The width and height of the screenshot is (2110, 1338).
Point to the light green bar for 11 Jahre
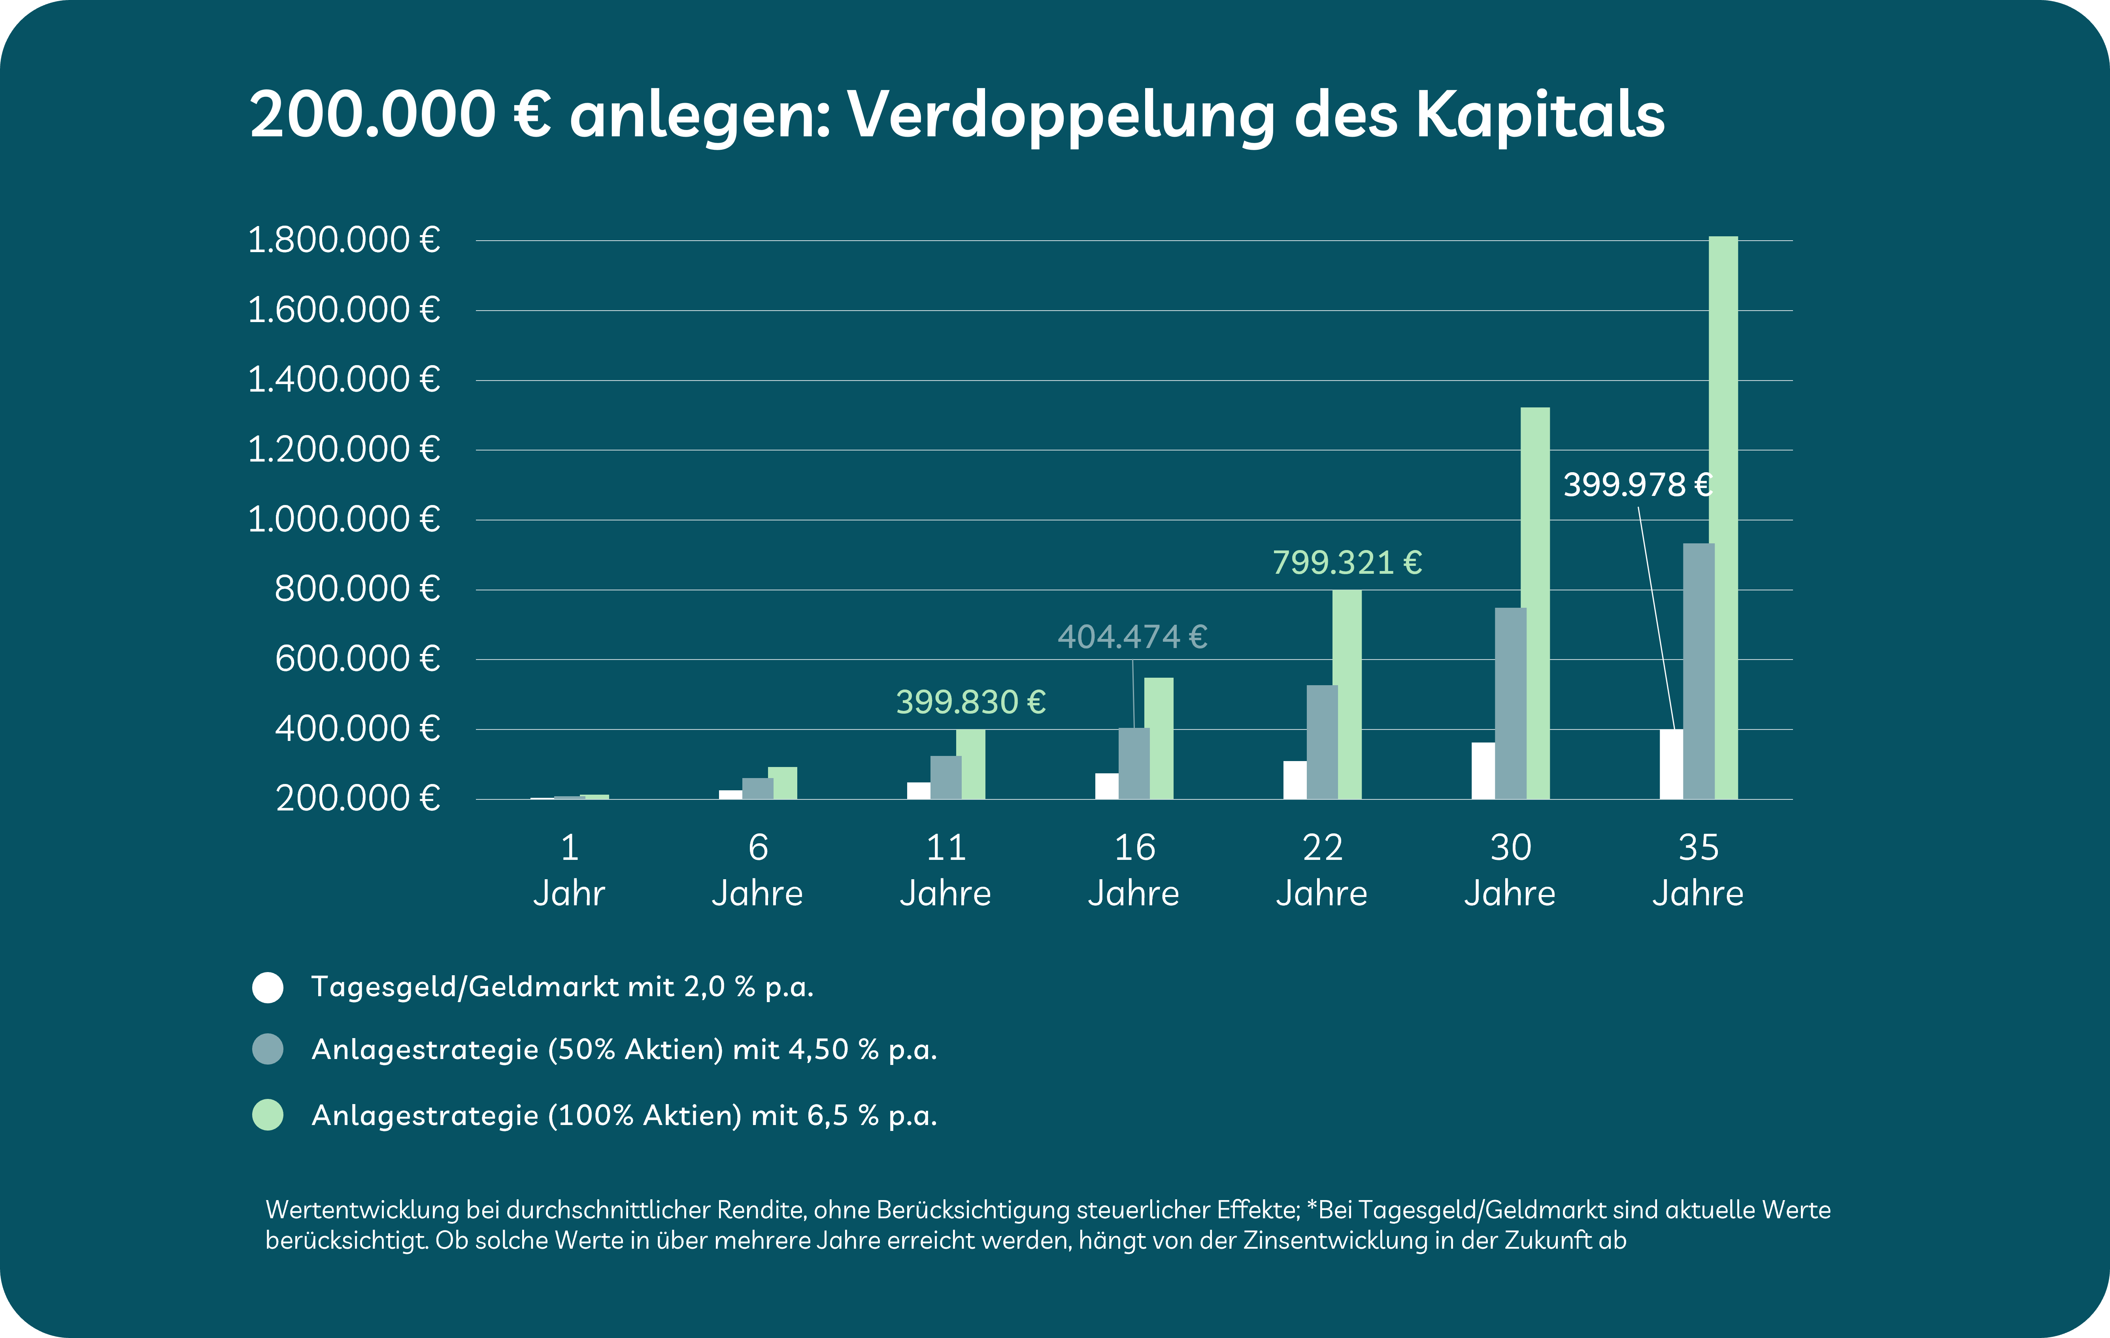(x=971, y=764)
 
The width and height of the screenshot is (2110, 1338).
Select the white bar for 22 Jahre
(x=1294, y=780)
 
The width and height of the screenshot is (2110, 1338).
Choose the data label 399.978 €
(x=1637, y=484)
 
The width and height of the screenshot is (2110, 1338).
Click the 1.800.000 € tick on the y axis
(x=343, y=240)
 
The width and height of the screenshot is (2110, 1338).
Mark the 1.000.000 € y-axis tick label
(x=343, y=520)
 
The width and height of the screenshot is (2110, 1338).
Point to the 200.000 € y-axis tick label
(x=357, y=798)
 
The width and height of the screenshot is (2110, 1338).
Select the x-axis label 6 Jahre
(x=757, y=870)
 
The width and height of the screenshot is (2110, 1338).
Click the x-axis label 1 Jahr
(x=569, y=870)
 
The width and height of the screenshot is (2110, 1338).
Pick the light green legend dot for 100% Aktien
(x=268, y=1116)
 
